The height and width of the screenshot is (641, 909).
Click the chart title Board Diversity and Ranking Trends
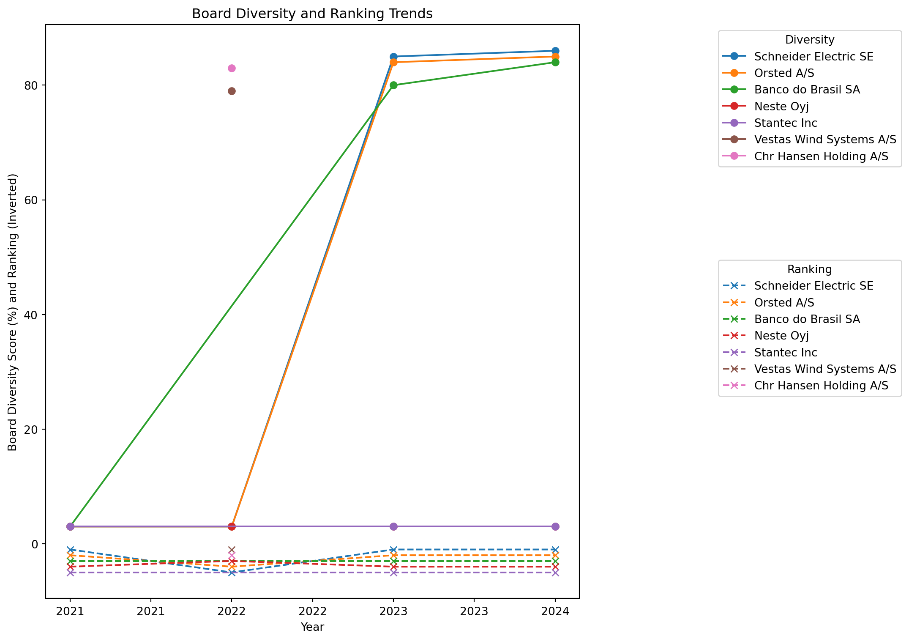click(x=312, y=14)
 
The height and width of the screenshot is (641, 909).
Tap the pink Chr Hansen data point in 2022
click(x=232, y=68)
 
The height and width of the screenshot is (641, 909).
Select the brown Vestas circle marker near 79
click(x=232, y=91)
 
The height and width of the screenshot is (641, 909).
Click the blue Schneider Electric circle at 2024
click(x=555, y=51)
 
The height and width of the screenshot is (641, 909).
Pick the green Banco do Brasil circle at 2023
click(x=393, y=85)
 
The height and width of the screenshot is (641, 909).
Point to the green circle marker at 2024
click(x=555, y=62)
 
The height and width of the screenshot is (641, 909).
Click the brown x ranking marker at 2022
click(x=232, y=550)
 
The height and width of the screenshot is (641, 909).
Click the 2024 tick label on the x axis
click(x=555, y=611)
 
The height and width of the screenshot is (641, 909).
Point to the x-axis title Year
click(x=312, y=627)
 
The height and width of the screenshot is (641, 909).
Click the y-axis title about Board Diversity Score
click(x=13, y=312)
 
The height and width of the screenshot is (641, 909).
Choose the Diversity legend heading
click(x=809, y=40)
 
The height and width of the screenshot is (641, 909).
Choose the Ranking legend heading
click(x=809, y=269)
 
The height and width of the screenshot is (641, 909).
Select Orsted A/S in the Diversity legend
click(x=784, y=73)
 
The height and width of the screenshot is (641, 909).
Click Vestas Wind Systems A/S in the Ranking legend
click(x=825, y=369)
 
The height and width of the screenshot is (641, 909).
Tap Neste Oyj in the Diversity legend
click(x=781, y=107)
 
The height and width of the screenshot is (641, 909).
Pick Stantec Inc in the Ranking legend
click(x=786, y=353)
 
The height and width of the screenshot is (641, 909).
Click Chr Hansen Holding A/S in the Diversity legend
click(x=821, y=156)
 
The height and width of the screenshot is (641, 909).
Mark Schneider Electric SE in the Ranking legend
click(x=813, y=286)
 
